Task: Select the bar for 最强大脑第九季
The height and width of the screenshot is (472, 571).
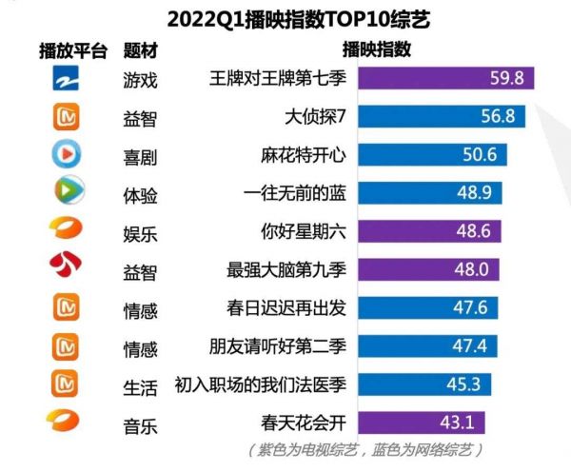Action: coord(428,269)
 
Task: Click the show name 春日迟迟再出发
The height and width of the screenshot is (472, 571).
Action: coord(286,307)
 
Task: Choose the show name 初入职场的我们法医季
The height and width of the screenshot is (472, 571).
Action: coord(261,384)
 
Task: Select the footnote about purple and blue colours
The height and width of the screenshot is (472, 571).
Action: coord(365,449)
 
